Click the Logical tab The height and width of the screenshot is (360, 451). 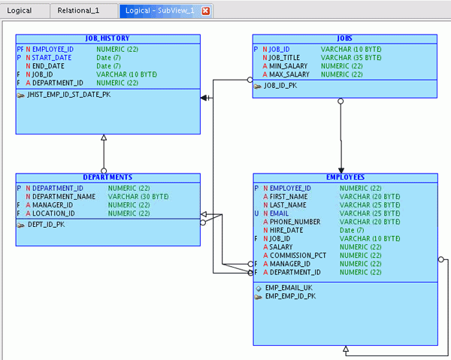click(20, 11)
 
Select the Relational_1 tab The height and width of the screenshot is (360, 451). click(78, 11)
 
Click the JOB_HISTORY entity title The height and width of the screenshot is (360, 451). click(107, 38)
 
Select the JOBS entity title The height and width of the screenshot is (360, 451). click(344, 38)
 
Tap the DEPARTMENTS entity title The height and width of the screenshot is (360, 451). click(107, 177)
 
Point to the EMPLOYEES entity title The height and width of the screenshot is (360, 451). click(345, 177)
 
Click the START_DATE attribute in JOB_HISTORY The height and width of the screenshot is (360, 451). click(52, 57)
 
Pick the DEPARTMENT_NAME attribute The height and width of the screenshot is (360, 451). click(64, 196)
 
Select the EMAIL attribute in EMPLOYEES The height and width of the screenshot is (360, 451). click(280, 213)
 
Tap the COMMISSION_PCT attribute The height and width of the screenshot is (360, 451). click(298, 256)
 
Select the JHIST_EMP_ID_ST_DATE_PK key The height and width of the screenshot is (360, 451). click(68, 95)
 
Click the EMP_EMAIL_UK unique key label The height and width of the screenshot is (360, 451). click(289, 288)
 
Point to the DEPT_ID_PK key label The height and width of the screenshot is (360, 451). click(46, 224)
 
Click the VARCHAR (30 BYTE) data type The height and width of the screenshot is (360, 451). click(138, 196)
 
